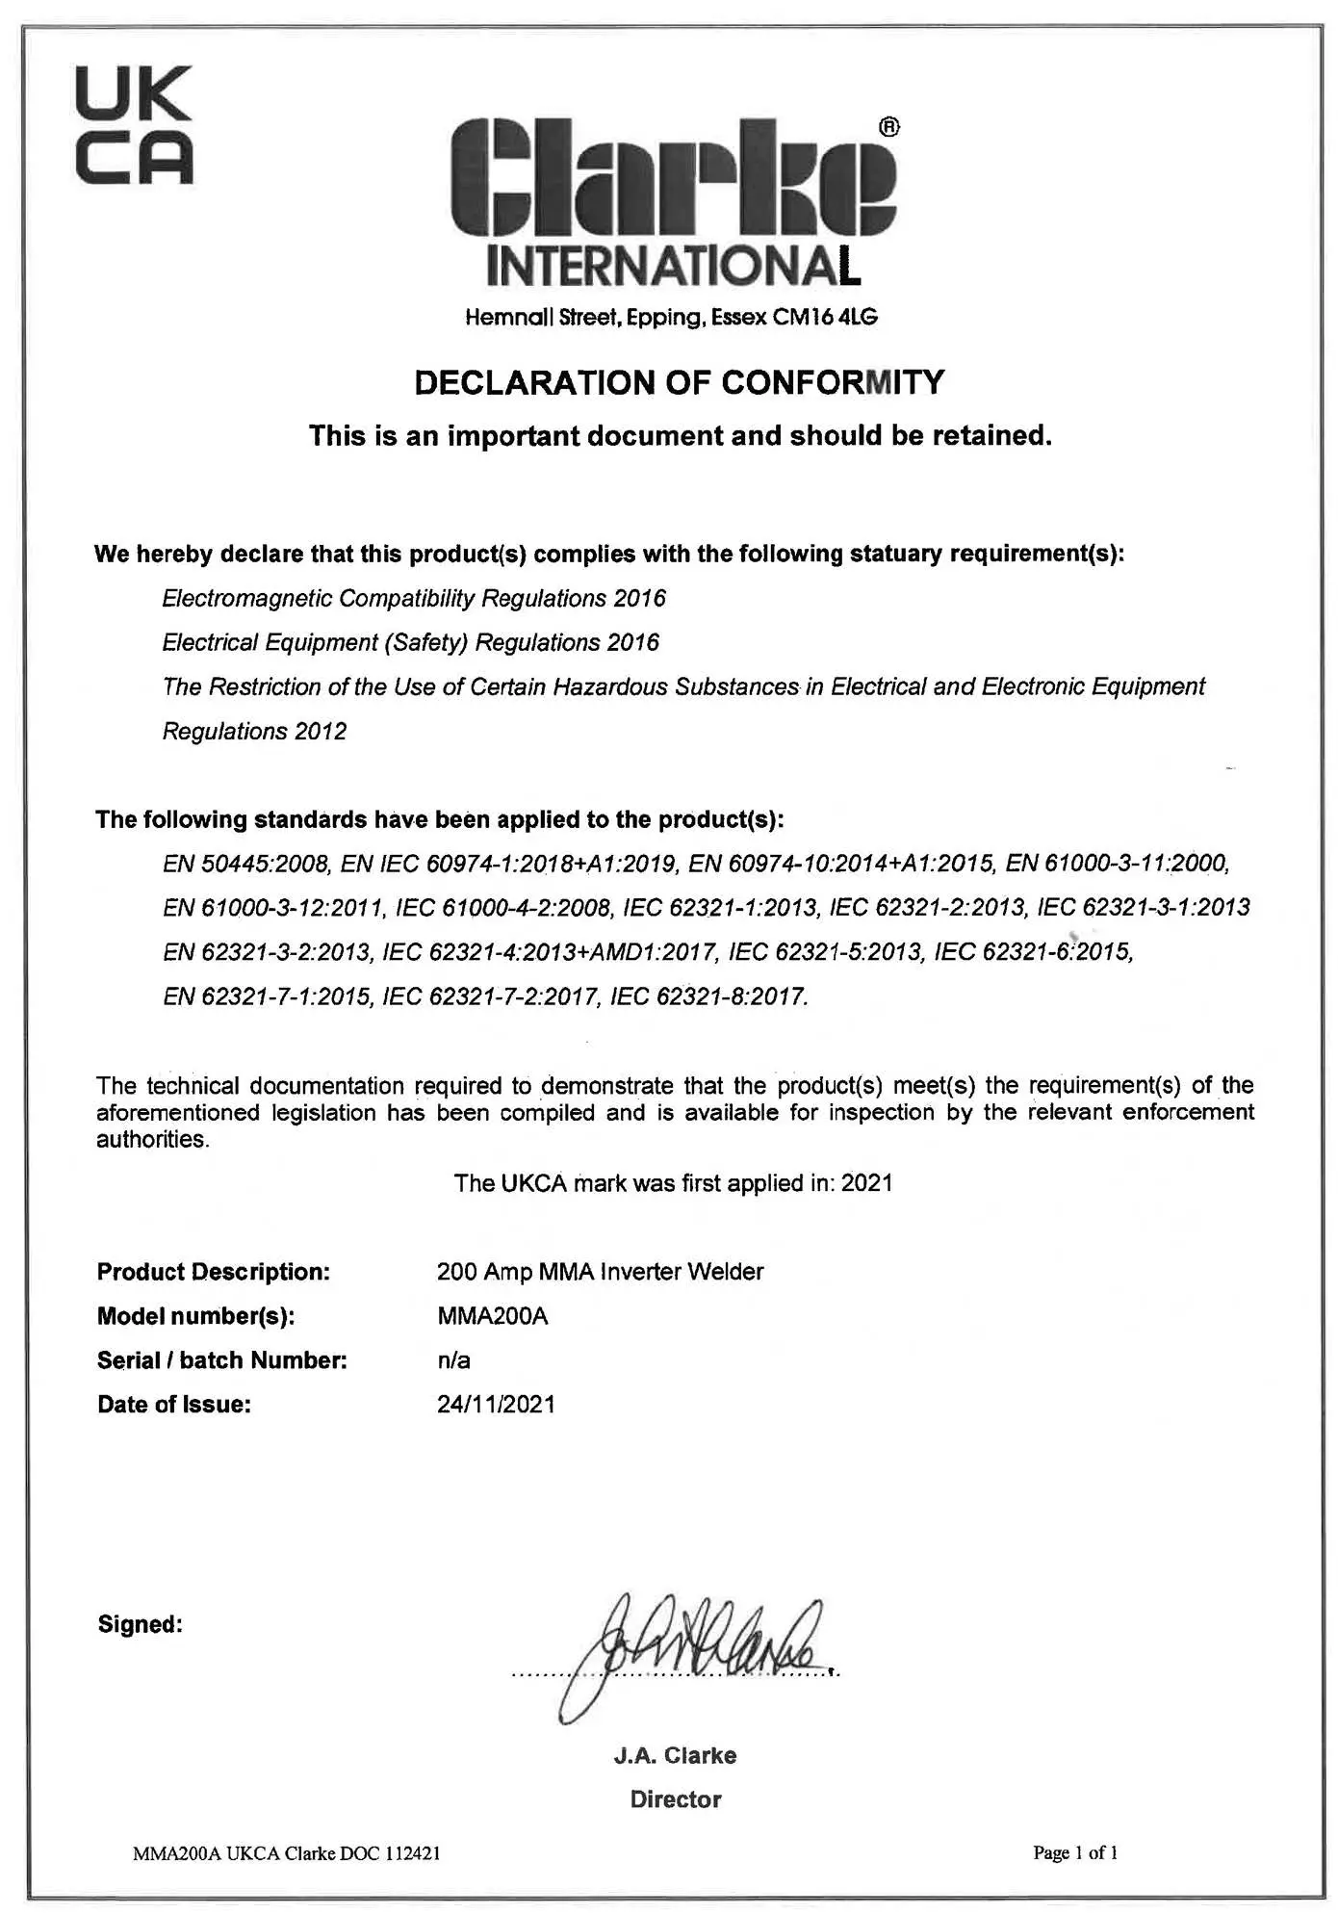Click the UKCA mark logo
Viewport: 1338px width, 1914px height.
click(x=134, y=125)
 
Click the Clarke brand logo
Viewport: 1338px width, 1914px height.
click(x=674, y=178)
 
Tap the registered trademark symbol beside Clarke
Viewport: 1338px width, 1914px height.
click(x=889, y=127)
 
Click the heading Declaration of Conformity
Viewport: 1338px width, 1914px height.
click(x=679, y=382)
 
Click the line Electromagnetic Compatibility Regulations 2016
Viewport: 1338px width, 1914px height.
click(x=414, y=598)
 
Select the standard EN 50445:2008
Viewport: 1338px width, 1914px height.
click(x=247, y=863)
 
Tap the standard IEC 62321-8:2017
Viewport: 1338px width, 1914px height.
click(x=709, y=996)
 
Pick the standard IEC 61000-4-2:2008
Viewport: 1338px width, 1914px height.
click(x=502, y=907)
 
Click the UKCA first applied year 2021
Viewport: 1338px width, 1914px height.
click(x=867, y=1182)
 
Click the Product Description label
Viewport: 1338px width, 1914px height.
click(x=214, y=1272)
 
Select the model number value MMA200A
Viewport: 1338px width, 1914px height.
click(x=492, y=1316)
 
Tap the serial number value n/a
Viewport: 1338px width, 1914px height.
click(x=453, y=1360)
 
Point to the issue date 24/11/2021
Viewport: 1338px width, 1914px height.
click(x=496, y=1405)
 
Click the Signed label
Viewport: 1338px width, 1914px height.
click(x=141, y=1624)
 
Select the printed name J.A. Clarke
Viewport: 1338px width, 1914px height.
click(x=675, y=1755)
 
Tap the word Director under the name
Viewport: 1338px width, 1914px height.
click(x=675, y=1799)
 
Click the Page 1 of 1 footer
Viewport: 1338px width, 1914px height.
click(x=1074, y=1852)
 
